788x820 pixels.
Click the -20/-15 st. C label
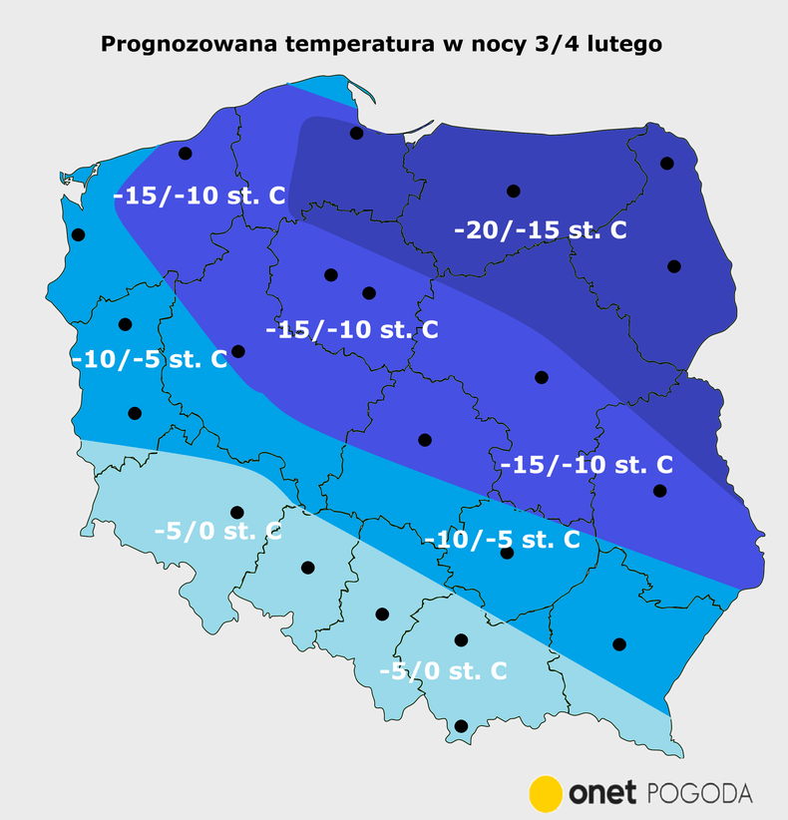tap(540, 230)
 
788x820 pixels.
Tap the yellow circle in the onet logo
tap(546, 792)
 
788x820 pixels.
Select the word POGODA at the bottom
tap(700, 793)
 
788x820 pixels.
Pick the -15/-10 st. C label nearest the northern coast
tap(199, 196)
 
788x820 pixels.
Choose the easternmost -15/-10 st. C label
tap(586, 465)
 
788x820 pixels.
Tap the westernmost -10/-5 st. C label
tap(150, 359)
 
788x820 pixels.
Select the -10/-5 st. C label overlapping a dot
tap(502, 540)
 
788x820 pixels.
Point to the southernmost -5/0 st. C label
tap(443, 671)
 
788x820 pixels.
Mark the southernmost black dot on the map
tap(461, 726)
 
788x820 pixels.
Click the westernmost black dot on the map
tap(79, 235)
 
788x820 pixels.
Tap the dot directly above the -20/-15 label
tap(514, 191)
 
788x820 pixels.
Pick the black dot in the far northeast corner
tap(666, 163)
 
